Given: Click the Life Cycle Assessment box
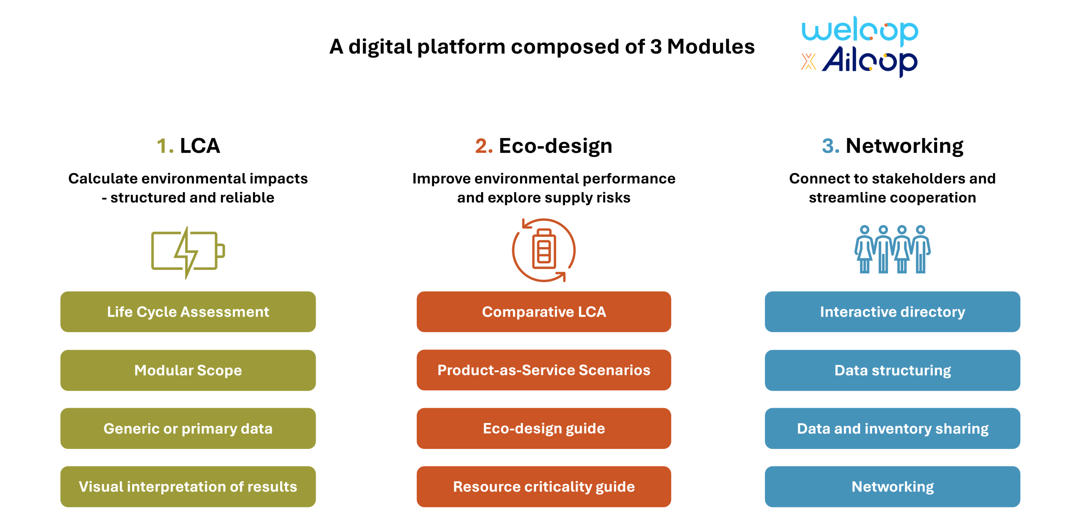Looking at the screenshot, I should pos(188,312).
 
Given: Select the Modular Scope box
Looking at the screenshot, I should pos(188,370).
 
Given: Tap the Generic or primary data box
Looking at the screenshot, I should pos(188,429).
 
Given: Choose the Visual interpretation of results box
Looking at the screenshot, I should pos(188,487).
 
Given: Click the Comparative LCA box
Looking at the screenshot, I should pos(544,312).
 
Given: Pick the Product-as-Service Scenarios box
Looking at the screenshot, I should pos(544,370).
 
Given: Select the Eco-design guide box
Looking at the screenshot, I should pos(544,429).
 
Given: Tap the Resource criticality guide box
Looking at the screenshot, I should pos(544,487).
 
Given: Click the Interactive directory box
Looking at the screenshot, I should pos(892,312).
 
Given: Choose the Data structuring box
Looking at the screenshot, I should pos(892,370).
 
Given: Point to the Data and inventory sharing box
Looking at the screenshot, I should pos(892,429).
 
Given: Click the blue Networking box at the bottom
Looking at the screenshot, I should pos(892,487).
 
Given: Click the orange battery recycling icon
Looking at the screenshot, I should pos(544,250).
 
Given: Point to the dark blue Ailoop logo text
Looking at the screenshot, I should pos(870,62).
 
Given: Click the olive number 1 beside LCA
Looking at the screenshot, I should pos(163,146).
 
